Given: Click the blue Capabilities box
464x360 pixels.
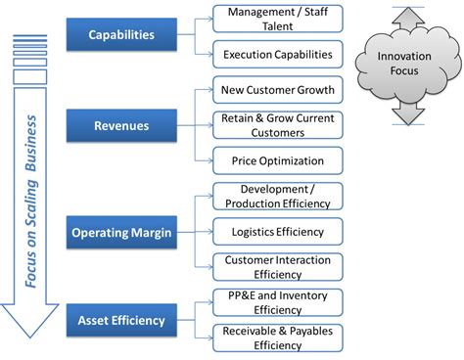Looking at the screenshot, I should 121,34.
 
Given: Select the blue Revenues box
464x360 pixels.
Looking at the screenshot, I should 121,124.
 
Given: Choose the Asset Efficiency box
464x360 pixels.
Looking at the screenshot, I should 121,319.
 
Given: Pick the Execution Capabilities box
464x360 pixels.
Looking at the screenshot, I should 279,55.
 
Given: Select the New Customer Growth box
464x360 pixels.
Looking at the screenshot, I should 279,90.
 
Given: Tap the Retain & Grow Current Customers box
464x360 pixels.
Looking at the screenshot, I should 279,124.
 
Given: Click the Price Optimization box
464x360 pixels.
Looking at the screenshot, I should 279,159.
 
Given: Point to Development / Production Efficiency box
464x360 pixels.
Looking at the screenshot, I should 279,196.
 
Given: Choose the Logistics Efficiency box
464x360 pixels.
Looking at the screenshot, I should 279,231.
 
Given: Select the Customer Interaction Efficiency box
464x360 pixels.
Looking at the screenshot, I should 279,267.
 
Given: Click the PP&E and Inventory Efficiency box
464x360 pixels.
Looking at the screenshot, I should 279,301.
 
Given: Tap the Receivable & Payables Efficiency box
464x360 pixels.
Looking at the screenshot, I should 279,337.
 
